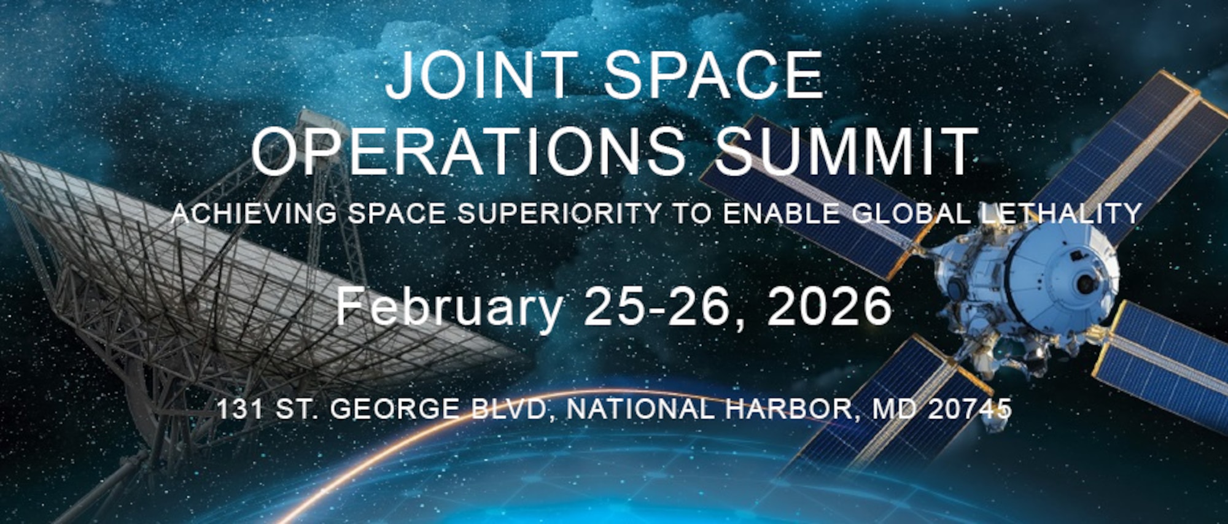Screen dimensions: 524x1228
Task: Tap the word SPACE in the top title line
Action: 713,76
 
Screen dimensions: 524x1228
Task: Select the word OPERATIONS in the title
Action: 469,152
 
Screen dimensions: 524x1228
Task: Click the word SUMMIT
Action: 846,152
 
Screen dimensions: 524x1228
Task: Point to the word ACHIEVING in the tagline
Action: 254,214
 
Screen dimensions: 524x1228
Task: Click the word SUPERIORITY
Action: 559,214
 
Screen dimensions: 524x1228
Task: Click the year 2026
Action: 830,307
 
